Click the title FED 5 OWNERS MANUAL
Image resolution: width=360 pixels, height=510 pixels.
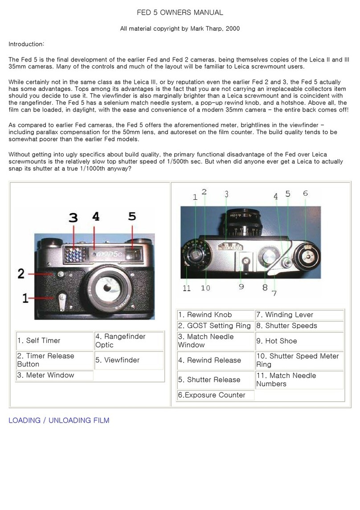click(180, 13)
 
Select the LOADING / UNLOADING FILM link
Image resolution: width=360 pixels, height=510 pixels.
click(59, 420)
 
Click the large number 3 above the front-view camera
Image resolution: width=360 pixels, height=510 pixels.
click(74, 217)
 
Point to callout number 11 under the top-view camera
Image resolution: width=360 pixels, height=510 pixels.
click(187, 288)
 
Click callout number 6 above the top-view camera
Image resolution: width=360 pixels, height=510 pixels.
click(305, 193)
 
